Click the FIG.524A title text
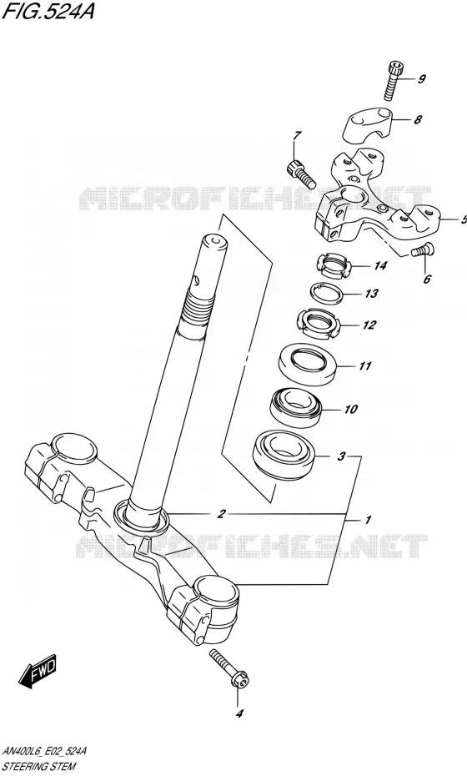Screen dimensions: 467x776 pos(47,11)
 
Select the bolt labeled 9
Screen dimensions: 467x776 pos(393,80)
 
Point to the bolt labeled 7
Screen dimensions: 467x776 pos(300,174)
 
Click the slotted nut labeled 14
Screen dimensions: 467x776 pos(334,266)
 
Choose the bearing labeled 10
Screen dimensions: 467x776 pos(296,408)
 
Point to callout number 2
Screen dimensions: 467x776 pos(222,514)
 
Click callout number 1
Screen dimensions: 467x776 pos(368,520)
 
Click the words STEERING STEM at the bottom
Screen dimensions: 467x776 pos(39,766)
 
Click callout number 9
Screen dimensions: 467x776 pos(421,78)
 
